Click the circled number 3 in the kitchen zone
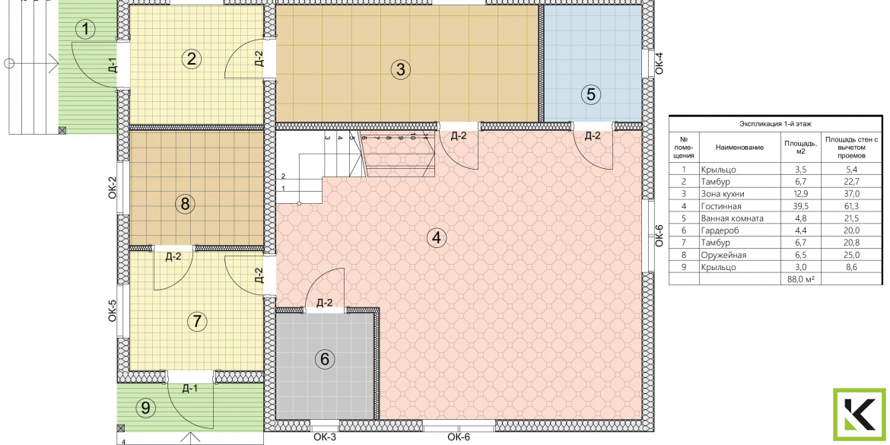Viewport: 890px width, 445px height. pyautogui.click(x=401, y=70)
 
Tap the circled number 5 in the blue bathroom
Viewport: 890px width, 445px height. pyautogui.click(x=591, y=94)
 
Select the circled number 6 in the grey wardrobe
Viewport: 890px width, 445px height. pyautogui.click(x=325, y=359)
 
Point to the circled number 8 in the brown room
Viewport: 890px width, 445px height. pyautogui.click(x=185, y=203)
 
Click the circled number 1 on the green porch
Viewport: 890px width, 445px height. pyautogui.click(x=85, y=28)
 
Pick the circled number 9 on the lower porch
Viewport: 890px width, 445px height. pyautogui.click(x=146, y=407)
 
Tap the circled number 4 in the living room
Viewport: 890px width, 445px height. pyautogui.click(x=436, y=238)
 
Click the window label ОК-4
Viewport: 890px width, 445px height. pyautogui.click(x=660, y=62)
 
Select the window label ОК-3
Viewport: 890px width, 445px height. pyautogui.click(x=326, y=437)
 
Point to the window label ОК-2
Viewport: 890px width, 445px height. pyautogui.click(x=113, y=187)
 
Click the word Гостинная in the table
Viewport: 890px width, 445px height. pyautogui.click(x=721, y=206)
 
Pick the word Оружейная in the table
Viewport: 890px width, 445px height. pyautogui.click(x=722, y=255)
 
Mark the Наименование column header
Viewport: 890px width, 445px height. pyautogui.click(x=739, y=148)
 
